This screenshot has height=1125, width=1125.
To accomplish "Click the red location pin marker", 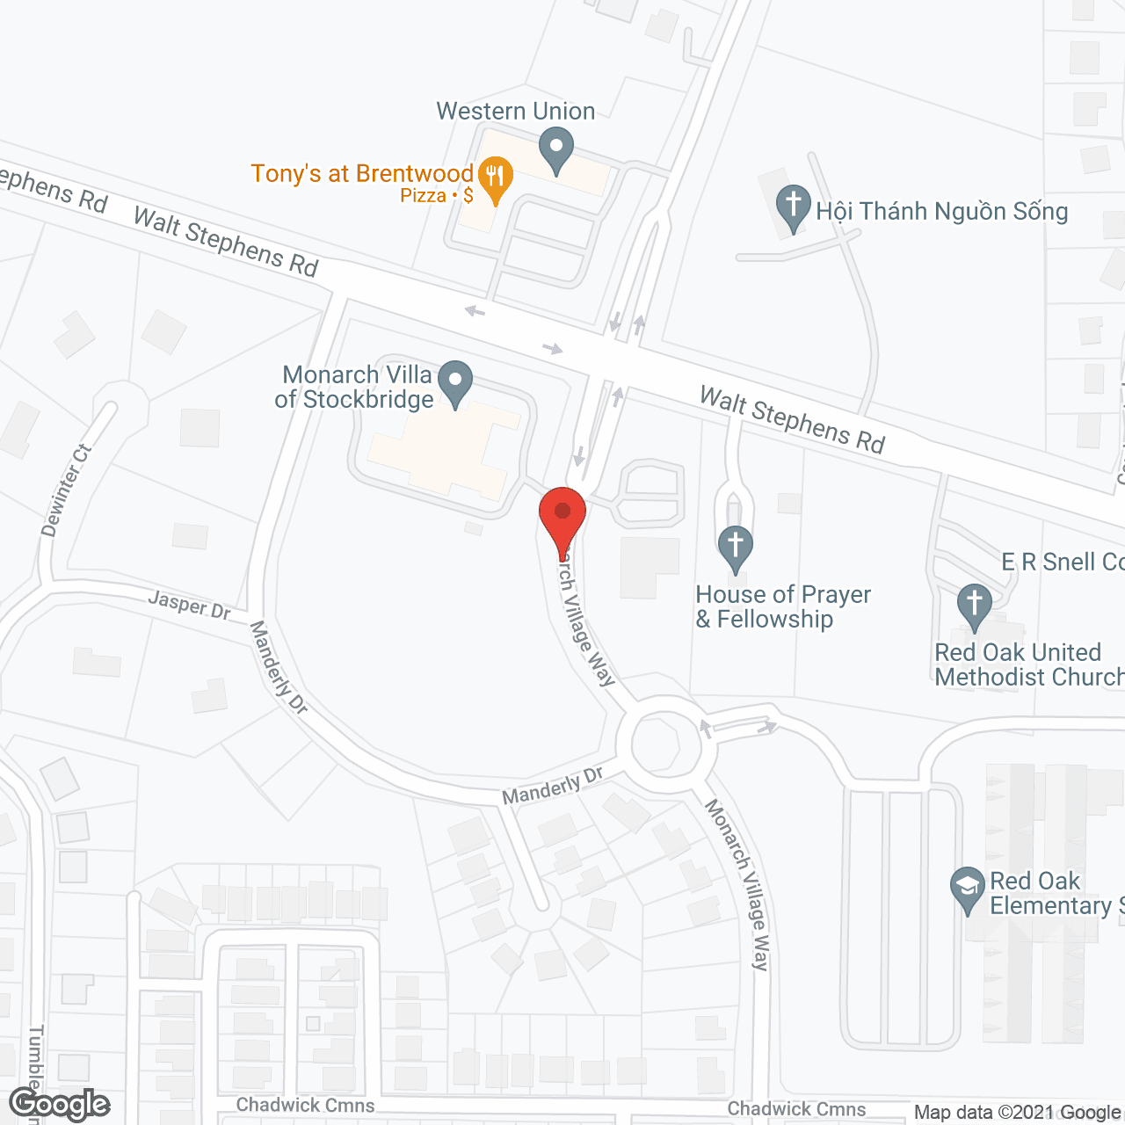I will point(562,517).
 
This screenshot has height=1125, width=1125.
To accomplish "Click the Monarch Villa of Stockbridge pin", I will point(455,382).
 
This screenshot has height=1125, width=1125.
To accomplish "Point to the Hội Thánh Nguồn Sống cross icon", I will point(793,207).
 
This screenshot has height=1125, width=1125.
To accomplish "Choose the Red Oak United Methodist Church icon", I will point(974,605).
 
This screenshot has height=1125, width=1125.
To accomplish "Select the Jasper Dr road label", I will point(189,605).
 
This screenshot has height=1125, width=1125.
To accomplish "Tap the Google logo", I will point(59,1104).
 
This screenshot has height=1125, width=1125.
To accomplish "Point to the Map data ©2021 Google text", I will point(1018,1113).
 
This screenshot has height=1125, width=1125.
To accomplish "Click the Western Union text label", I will point(516,112).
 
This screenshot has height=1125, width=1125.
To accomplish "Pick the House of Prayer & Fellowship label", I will point(782,606).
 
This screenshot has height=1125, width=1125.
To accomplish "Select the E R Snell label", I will point(1062,562).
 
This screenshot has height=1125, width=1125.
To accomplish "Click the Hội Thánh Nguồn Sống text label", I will point(941,211).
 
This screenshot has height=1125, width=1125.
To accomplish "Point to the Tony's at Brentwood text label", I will point(362,174).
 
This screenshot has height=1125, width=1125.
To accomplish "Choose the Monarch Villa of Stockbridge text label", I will point(356,387).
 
